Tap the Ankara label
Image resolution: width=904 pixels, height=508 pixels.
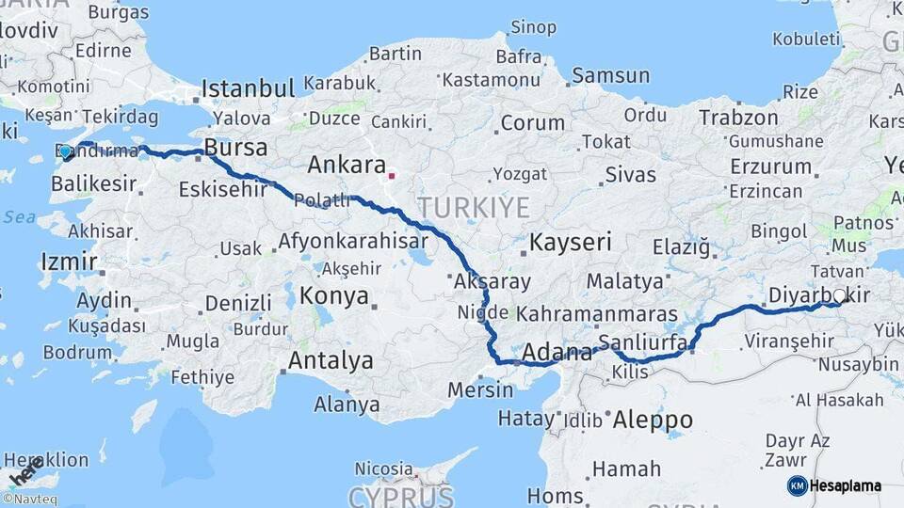click(x=346, y=165)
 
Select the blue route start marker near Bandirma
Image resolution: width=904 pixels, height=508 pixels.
click(x=65, y=151)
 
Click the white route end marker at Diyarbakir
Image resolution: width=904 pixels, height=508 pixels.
click(x=840, y=295)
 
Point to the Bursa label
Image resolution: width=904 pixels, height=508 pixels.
click(x=235, y=148)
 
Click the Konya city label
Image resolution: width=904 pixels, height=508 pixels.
click(x=333, y=296)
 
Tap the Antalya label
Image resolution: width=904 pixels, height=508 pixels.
click(x=331, y=360)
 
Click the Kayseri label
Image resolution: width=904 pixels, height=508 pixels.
click(x=571, y=242)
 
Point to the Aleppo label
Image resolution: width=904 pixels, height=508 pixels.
click(x=653, y=420)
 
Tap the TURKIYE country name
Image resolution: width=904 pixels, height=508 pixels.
click(x=474, y=207)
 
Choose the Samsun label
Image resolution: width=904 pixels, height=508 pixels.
click(x=610, y=75)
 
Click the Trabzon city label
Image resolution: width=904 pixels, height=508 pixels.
click(x=738, y=118)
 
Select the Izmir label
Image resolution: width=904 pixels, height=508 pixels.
click(x=69, y=261)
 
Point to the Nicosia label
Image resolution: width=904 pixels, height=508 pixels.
click(x=383, y=468)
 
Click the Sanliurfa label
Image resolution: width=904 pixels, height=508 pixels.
click(x=643, y=341)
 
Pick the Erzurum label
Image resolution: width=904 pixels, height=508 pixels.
click(x=770, y=167)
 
